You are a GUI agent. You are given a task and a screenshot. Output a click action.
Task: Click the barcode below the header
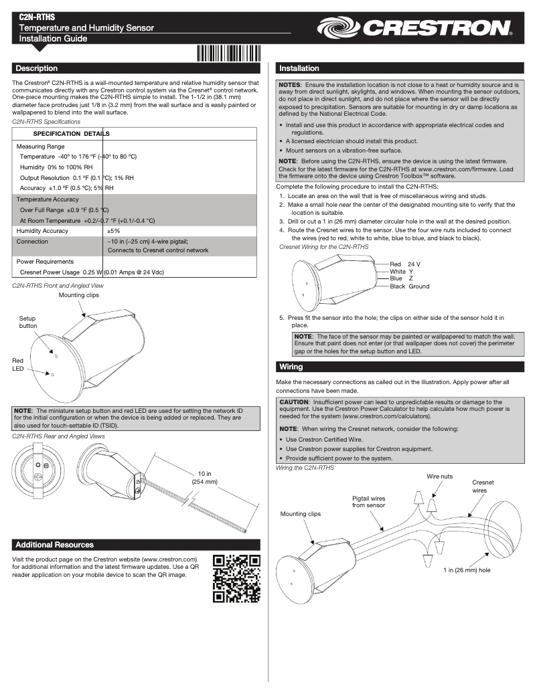point(228,53)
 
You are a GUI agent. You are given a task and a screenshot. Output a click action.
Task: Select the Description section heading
point(37,68)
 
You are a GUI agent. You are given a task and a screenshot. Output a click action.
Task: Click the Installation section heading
point(299,68)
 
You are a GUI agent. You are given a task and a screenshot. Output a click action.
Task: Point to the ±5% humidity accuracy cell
point(113,230)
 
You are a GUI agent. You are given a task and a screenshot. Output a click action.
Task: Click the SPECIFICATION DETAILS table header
point(71,134)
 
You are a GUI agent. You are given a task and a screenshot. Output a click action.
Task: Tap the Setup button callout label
point(28,322)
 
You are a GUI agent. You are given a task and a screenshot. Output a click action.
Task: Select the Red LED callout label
point(18,365)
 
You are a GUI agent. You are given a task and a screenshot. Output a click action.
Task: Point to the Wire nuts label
point(440,476)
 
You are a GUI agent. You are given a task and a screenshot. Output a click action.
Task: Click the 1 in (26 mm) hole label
point(466,570)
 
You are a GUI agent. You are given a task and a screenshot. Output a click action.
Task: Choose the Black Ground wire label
point(409,286)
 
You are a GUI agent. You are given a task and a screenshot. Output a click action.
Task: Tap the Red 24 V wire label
point(404,264)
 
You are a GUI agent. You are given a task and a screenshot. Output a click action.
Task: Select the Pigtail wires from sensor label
point(368,502)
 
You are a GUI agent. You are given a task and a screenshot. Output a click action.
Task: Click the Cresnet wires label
point(483,486)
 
